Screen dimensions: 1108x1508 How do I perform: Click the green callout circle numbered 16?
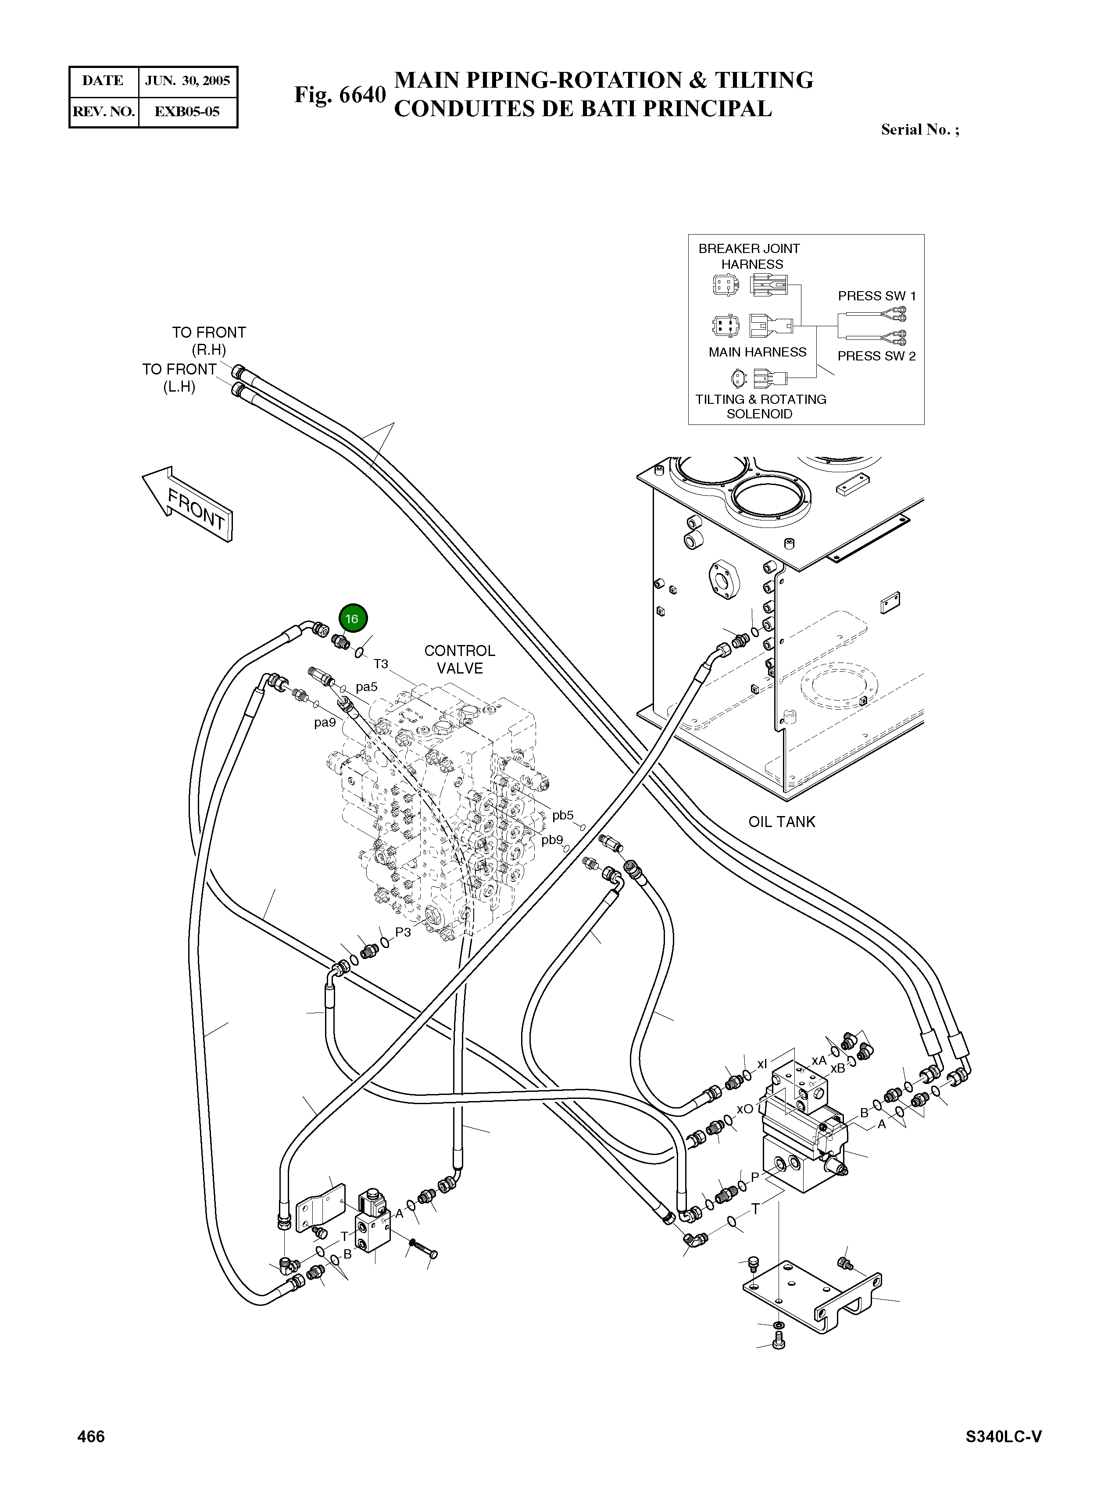point(353,618)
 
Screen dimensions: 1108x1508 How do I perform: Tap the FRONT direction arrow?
point(188,503)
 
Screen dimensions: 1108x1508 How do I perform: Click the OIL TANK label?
point(782,822)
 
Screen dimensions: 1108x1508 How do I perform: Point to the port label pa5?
point(366,687)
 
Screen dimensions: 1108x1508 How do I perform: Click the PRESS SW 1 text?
point(876,296)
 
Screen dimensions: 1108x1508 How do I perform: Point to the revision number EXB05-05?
point(187,112)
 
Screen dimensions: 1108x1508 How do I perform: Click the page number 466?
point(91,1436)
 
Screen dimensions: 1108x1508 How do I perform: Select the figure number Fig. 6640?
point(340,95)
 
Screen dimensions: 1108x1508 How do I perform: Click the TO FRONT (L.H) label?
point(179,378)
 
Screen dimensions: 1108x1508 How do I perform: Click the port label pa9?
point(325,723)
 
